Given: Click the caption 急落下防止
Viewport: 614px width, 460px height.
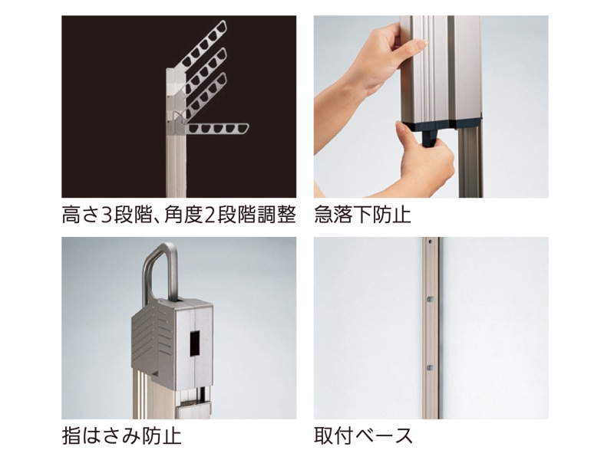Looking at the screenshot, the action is (362, 215).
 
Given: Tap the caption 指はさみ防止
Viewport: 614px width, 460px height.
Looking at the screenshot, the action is (121, 435).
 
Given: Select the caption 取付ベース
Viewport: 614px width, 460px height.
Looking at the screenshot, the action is (363, 435).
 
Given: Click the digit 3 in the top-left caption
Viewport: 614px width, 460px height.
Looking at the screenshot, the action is (107, 215).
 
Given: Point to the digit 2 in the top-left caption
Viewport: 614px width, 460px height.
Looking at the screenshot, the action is (210, 215).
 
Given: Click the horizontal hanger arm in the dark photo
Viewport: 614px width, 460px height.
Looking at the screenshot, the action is (217, 129).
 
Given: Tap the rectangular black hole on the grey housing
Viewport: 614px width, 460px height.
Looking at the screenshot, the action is (195, 343).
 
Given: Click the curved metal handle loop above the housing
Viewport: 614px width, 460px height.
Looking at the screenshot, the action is (159, 270).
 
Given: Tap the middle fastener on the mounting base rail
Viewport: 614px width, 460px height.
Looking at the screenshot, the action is (430, 299).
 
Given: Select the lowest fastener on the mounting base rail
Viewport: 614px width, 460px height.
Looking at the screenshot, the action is (430, 368).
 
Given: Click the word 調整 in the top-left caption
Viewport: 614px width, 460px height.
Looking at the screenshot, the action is (276, 215).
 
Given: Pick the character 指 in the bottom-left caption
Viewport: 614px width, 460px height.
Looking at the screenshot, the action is (71, 435).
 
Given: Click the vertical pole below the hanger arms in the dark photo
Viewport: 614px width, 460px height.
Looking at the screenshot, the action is (177, 164).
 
